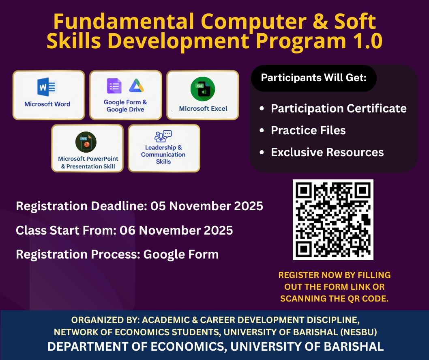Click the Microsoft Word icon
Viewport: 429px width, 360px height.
(47, 87)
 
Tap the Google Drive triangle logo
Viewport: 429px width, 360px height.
(137, 86)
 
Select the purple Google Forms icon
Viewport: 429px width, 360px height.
(114, 86)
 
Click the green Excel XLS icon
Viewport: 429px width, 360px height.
(203, 89)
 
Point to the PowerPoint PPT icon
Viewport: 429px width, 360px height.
(86, 142)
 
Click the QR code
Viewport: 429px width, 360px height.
(333, 220)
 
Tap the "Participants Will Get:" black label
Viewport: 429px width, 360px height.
(314, 78)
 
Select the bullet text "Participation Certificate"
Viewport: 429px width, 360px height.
(339, 108)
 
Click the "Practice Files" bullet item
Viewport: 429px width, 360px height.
(308, 130)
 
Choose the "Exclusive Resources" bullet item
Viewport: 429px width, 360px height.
(327, 152)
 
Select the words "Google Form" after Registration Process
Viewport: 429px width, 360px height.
(181, 254)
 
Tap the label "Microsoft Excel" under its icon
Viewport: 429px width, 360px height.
(203, 109)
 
